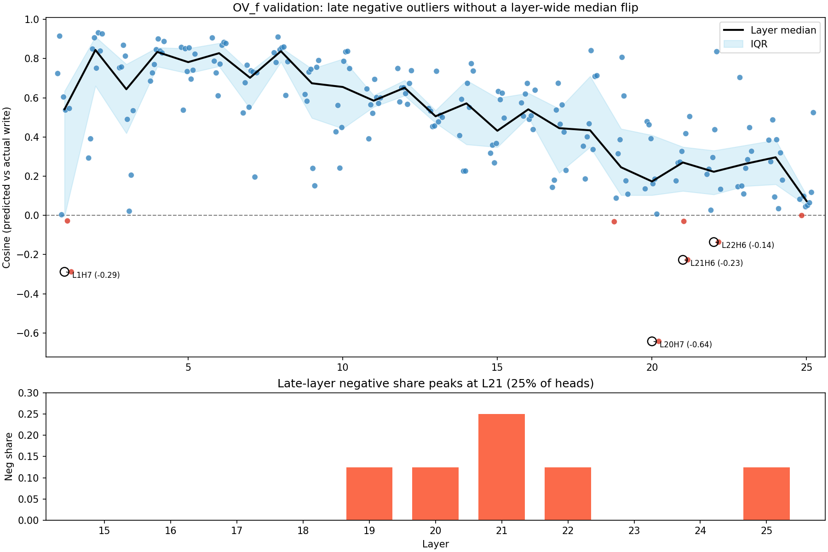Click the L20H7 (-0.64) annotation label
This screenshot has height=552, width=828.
(x=685, y=345)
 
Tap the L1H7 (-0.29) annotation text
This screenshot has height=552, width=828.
(x=96, y=275)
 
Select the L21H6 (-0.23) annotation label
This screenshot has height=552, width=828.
(x=716, y=263)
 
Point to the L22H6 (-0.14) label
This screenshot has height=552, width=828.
(x=747, y=245)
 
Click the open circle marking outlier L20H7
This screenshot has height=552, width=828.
(x=652, y=341)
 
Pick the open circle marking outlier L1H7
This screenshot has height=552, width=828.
(x=64, y=272)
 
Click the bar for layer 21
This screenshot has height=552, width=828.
(x=501, y=467)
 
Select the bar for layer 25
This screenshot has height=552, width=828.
(x=766, y=494)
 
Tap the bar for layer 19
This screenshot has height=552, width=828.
(x=369, y=494)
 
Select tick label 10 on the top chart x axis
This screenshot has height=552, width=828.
(x=342, y=368)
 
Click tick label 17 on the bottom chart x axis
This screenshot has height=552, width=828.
(x=236, y=530)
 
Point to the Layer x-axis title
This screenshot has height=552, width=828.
(x=435, y=544)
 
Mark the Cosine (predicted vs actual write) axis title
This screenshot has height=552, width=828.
(x=7, y=188)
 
